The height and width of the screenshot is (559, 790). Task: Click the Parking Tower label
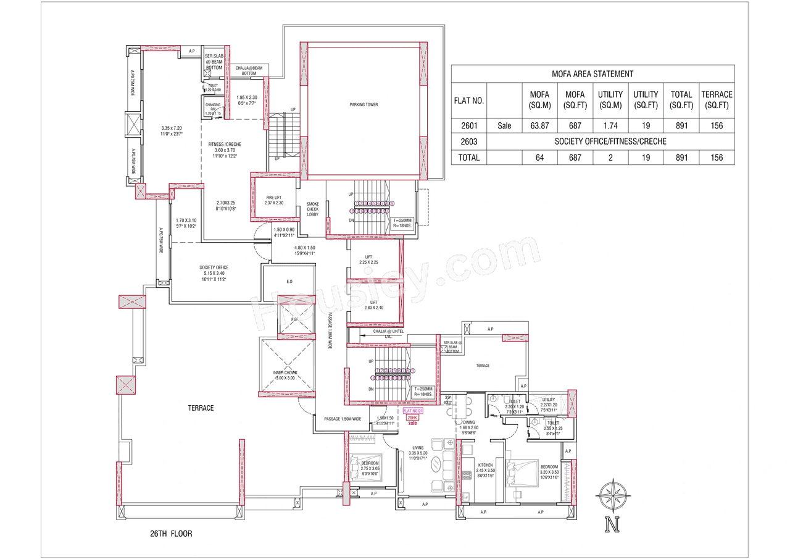tap(363, 104)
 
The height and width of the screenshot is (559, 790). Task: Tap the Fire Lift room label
tap(273, 200)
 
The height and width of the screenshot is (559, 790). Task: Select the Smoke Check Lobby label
tap(312, 210)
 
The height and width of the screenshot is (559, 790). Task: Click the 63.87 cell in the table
tap(540, 125)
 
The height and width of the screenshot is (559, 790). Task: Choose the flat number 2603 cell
tap(468, 141)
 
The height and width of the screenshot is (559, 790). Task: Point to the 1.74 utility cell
tap(610, 125)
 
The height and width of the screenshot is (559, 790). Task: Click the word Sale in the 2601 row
tap(504, 125)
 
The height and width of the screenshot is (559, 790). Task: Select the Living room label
tap(418, 450)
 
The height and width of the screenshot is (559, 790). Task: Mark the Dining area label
tap(469, 422)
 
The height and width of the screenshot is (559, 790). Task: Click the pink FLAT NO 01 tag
tap(413, 411)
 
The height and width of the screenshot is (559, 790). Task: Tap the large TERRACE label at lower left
tap(201, 408)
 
